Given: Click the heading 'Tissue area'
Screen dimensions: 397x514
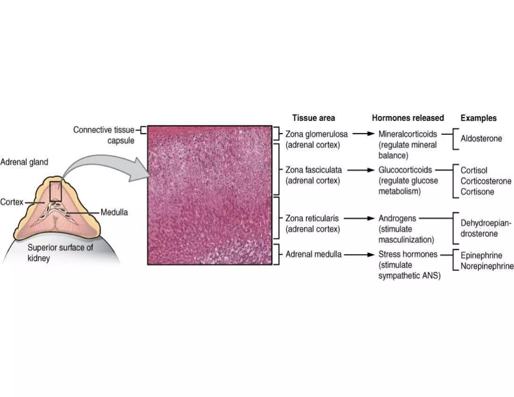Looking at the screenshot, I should click(313, 118).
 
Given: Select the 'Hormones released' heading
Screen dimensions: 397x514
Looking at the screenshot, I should click(408, 118).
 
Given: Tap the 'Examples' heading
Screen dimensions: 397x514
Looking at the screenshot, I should click(478, 118).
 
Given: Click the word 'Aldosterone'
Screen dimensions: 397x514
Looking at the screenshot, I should click(481, 139).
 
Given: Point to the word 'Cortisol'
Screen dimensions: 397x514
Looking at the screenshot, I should click(474, 170).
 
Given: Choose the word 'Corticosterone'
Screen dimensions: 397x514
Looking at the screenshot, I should click(486, 181).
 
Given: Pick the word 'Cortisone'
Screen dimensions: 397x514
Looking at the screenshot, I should click(477, 192).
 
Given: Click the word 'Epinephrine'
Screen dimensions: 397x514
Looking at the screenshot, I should click(481, 255).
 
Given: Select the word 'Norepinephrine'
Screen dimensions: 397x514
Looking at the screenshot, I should click(487, 266).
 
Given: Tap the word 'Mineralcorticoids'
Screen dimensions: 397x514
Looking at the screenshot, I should click(408, 134).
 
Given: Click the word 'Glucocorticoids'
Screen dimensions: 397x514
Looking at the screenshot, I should click(405, 170).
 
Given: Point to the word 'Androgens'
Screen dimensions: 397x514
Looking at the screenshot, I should click(397, 219).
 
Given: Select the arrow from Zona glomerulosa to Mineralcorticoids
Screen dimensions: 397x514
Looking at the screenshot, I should click(363, 134).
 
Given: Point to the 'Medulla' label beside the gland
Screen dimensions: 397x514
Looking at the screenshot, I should click(114, 213).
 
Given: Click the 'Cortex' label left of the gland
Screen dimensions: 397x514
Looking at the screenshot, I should click(12, 202).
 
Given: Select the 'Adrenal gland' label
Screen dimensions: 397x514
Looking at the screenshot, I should click(24, 162).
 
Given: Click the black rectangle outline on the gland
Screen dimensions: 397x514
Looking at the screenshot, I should click(55, 191).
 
